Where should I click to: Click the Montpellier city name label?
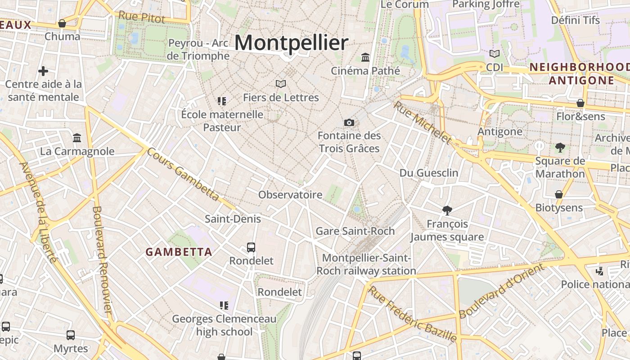(x=291, y=43)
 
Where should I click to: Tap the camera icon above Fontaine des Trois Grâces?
(x=349, y=122)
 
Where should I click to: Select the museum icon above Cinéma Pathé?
(x=365, y=58)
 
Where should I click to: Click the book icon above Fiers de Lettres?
(x=281, y=84)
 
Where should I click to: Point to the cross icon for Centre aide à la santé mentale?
(x=43, y=71)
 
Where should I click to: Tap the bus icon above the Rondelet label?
(x=251, y=247)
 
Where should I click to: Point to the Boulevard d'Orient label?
(x=502, y=291)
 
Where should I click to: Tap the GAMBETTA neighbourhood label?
(x=179, y=252)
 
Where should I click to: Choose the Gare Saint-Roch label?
(x=355, y=231)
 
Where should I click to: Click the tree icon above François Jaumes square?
(x=447, y=210)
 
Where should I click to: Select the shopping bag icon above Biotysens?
(x=558, y=194)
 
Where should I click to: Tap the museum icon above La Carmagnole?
(x=77, y=138)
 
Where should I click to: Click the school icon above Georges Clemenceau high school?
(x=224, y=306)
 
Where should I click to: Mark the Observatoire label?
(x=290, y=194)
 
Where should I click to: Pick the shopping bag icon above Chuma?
(x=62, y=23)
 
